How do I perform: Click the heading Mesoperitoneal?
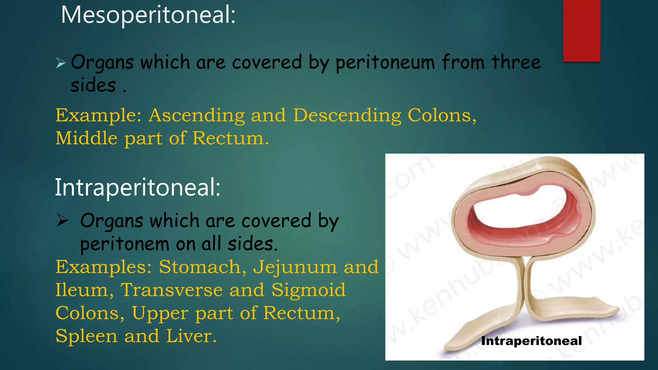tap(148, 15)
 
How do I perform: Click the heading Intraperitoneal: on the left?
tap(138, 188)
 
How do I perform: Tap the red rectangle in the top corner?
tap(582, 31)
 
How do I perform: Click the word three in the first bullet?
tap(516, 62)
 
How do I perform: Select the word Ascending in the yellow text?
tap(197, 116)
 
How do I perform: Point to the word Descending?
tap(347, 116)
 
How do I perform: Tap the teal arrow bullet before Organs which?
tap(61, 63)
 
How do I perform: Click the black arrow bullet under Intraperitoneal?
tap(63, 221)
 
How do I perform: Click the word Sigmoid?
tap(308, 290)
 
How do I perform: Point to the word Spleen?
tap(86, 337)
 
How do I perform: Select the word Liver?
tap(191, 336)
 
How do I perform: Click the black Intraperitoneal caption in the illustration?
tap(531, 341)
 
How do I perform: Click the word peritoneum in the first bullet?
tap(385, 63)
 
